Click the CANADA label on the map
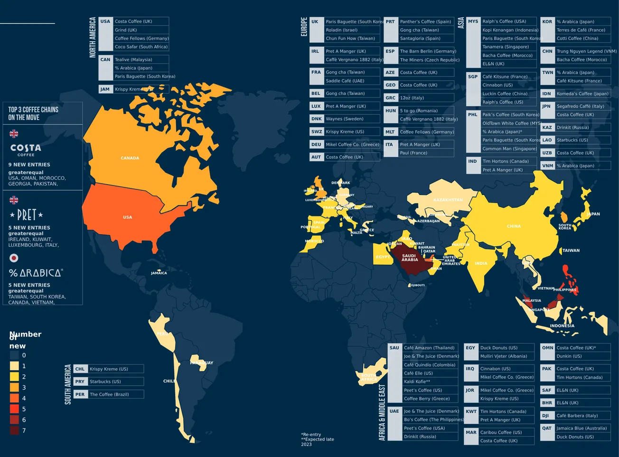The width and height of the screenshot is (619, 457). [130, 158]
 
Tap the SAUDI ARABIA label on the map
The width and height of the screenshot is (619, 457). [409, 258]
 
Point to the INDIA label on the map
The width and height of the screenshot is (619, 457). [481, 263]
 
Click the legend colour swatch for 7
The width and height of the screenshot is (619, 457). [14, 430]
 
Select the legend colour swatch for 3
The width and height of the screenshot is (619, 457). [14, 387]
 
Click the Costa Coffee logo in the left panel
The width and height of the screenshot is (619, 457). [26, 149]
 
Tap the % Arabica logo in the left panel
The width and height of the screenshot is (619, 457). [36, 273]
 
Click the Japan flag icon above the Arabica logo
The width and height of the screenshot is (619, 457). [14, 258]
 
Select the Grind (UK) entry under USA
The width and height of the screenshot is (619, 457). [126, 30]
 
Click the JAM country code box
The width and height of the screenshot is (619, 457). [105, 89]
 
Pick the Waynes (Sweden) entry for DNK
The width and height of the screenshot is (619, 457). [345, 119]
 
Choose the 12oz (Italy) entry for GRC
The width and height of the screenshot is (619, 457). [412, 98]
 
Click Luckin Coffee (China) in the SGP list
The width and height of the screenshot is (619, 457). [505, 93]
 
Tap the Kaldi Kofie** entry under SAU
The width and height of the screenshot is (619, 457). [417, 382]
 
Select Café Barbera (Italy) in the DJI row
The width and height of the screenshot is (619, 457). [577, 416]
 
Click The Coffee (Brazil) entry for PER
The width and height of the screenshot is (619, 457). [109, 394]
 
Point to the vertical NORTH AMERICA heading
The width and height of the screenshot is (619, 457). [93, 37]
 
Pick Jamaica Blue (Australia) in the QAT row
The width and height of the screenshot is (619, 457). [581, 428]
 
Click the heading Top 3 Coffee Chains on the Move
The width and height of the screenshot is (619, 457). [33, 113]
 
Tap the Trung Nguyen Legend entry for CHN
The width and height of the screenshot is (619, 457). [587, 51]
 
